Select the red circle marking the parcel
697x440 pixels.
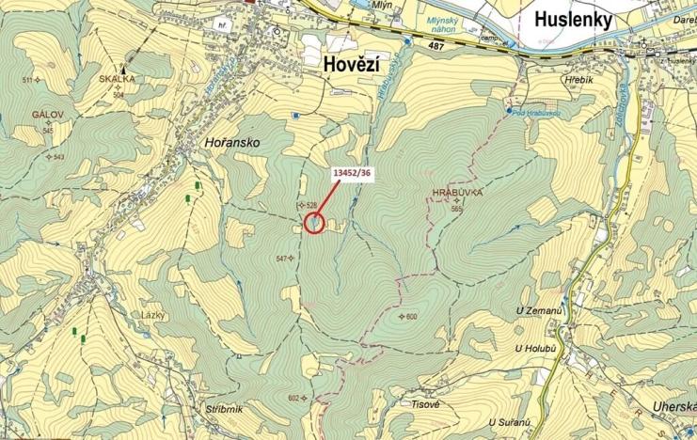click(314, 223)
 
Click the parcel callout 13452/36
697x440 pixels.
click(353, 173)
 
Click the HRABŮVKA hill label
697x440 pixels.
click(456, 192)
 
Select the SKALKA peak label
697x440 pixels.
click(118, 81)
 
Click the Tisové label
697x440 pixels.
click(425, 404)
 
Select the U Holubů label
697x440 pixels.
click(533, 350)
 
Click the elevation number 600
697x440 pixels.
click(411, 317)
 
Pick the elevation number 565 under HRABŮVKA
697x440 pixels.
click(457, 209)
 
